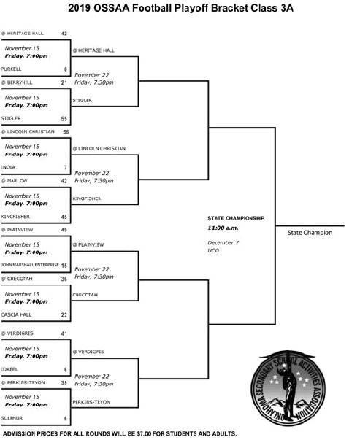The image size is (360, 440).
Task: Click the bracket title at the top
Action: (x=180, y=8)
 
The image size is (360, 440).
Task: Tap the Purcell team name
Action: (x=12, y=69)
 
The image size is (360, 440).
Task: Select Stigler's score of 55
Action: (x=64, y=118)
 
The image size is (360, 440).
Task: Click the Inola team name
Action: (x=9, y=167)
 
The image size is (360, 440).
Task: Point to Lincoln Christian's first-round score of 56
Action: (x=65, y=132)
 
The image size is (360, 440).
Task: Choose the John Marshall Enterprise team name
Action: (x=29, y=265)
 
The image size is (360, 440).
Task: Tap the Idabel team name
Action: (x=9, y=369)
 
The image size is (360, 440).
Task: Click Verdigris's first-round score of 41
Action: (x=64, y=333)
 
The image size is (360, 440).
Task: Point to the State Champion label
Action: (x=309, y=233)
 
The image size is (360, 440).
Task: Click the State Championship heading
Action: (x=235, y=218)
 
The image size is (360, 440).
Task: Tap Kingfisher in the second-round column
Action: (x=87, y=198)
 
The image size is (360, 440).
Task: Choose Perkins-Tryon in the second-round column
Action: (x=91, y=401)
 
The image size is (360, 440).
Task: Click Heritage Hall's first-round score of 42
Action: (x=64, y=34)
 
